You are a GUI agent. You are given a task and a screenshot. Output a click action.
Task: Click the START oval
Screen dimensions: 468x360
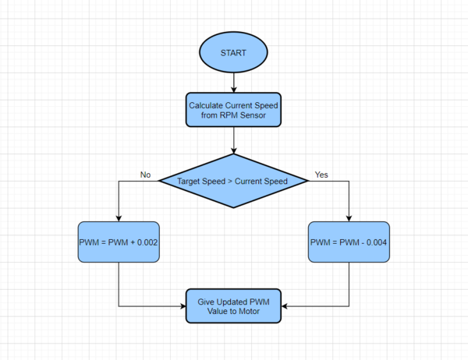pyautogui.click(x=233, y=52)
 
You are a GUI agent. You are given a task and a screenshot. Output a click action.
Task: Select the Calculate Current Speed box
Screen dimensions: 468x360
pyautogui.click(x=233, y=109)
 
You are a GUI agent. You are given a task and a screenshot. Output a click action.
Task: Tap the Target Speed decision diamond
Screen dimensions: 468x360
pyautogui.click(x=233, y=181)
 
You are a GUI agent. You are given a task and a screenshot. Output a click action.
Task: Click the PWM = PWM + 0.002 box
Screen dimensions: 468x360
pyautogui.click(x=119, y=242)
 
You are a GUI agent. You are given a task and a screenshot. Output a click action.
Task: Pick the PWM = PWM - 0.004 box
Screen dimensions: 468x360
pyautogui.click(x=349, y=242)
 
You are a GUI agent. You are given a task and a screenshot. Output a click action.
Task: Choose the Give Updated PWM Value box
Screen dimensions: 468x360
pyautogui.click(x=233, y=305)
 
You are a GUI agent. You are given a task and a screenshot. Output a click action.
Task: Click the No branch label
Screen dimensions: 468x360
pyautogui.click(x=145, y=175)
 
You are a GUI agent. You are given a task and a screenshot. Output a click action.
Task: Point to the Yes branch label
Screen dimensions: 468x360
pyautogui.click(x=321, y=175)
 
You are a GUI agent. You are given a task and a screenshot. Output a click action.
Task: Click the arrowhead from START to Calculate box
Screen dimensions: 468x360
pyautogui.click(x=234, y=90)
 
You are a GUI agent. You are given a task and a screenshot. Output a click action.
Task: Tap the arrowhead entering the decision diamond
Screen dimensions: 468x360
pyautogui.click(x=234, y=150)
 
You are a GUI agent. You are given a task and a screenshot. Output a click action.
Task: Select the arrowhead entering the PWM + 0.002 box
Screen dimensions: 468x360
pyautogui.click(x=119, y=218)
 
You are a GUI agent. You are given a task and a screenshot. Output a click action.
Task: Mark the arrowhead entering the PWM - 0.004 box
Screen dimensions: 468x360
pyautogui.click(x=349, y=218)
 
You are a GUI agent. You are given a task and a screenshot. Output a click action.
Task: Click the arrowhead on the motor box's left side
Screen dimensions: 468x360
pyautogui.click(x=183, y=306)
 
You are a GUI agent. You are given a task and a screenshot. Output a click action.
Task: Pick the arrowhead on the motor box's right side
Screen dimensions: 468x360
pyautogui.click(x=285, y=306)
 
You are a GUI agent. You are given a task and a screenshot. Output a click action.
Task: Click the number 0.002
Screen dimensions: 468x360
pyautogui.click(x=147, y=242)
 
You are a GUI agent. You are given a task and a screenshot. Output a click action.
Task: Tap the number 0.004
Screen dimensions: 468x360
pyautogui.click(x=377, y=242)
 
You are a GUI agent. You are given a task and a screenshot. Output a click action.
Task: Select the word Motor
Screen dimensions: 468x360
pyautogui.click(x=250, y=311)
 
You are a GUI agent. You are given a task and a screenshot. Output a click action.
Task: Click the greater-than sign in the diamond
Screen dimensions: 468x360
pyautogui.click(x=230, y=181)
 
